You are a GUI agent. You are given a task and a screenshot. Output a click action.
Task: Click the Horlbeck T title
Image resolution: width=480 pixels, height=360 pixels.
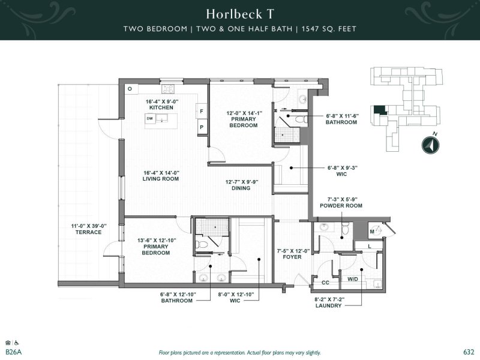click(x=239, y=14)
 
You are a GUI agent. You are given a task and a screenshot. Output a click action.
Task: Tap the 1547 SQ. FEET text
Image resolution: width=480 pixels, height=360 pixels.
click(x=329, y=29)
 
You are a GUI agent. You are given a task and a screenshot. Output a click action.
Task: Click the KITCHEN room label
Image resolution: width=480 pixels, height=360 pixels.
click(x=161, y=107)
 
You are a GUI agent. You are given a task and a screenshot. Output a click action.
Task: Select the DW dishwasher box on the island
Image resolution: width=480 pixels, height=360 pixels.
click(x=149, y=118)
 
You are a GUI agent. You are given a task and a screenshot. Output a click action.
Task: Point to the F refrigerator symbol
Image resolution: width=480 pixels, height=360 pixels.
click(x=202, y=111)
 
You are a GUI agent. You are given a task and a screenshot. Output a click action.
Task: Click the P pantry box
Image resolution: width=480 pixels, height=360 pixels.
click(x=202, y=127)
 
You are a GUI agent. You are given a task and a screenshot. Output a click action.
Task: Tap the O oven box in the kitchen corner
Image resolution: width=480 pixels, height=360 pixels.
click(x=130, y=89)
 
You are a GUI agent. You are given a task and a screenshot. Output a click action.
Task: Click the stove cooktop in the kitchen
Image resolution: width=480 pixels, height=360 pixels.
click(x=168, y=88)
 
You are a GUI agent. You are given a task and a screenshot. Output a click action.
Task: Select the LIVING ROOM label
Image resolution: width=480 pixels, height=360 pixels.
click(x=161, y=179)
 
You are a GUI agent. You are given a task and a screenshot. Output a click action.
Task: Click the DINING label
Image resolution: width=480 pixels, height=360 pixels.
click(x=241, y=188)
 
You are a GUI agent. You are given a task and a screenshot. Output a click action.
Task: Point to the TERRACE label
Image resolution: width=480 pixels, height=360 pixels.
click(x=88, y=232)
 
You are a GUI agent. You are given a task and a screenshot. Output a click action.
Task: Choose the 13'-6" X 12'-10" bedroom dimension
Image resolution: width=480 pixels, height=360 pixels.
click(x=157, y=241)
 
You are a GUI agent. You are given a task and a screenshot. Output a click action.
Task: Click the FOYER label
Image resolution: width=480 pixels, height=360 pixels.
click(x=292, y=257)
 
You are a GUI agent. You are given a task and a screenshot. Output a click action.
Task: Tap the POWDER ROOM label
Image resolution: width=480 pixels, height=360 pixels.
click(x=341, y=206)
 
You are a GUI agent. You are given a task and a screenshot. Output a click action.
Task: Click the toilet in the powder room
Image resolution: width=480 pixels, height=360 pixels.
click(x=346, y=229)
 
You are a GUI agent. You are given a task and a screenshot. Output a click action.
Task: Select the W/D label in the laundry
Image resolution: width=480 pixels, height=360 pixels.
click(x=353, y=279)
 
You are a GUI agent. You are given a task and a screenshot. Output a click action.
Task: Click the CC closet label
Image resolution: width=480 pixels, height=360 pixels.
click(x=325, y=283)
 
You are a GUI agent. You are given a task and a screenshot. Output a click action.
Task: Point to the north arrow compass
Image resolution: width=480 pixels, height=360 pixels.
click(x=430, y=145)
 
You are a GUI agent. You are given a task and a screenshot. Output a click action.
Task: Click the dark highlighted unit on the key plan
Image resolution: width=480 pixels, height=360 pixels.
click(x=380, y=110)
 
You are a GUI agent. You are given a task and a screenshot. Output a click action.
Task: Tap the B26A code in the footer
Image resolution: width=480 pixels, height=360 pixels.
click(x=13, y=352)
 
